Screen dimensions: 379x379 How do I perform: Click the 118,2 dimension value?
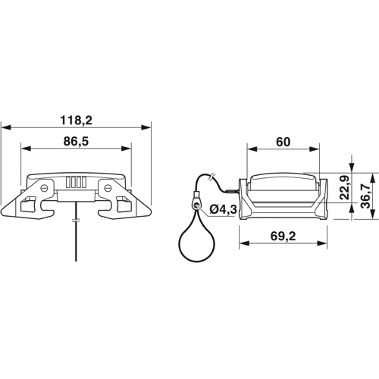pos(76,120)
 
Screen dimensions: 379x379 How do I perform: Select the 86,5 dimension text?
pos(76,142)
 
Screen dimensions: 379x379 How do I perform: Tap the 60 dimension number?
pos(282,142)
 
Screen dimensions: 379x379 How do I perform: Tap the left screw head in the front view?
pos(46,186)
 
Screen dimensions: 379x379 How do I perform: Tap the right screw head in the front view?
pos(108,186)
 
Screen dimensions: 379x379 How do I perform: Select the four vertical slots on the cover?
pos(77,182)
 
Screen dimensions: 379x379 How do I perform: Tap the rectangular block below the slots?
pos(76,195)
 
